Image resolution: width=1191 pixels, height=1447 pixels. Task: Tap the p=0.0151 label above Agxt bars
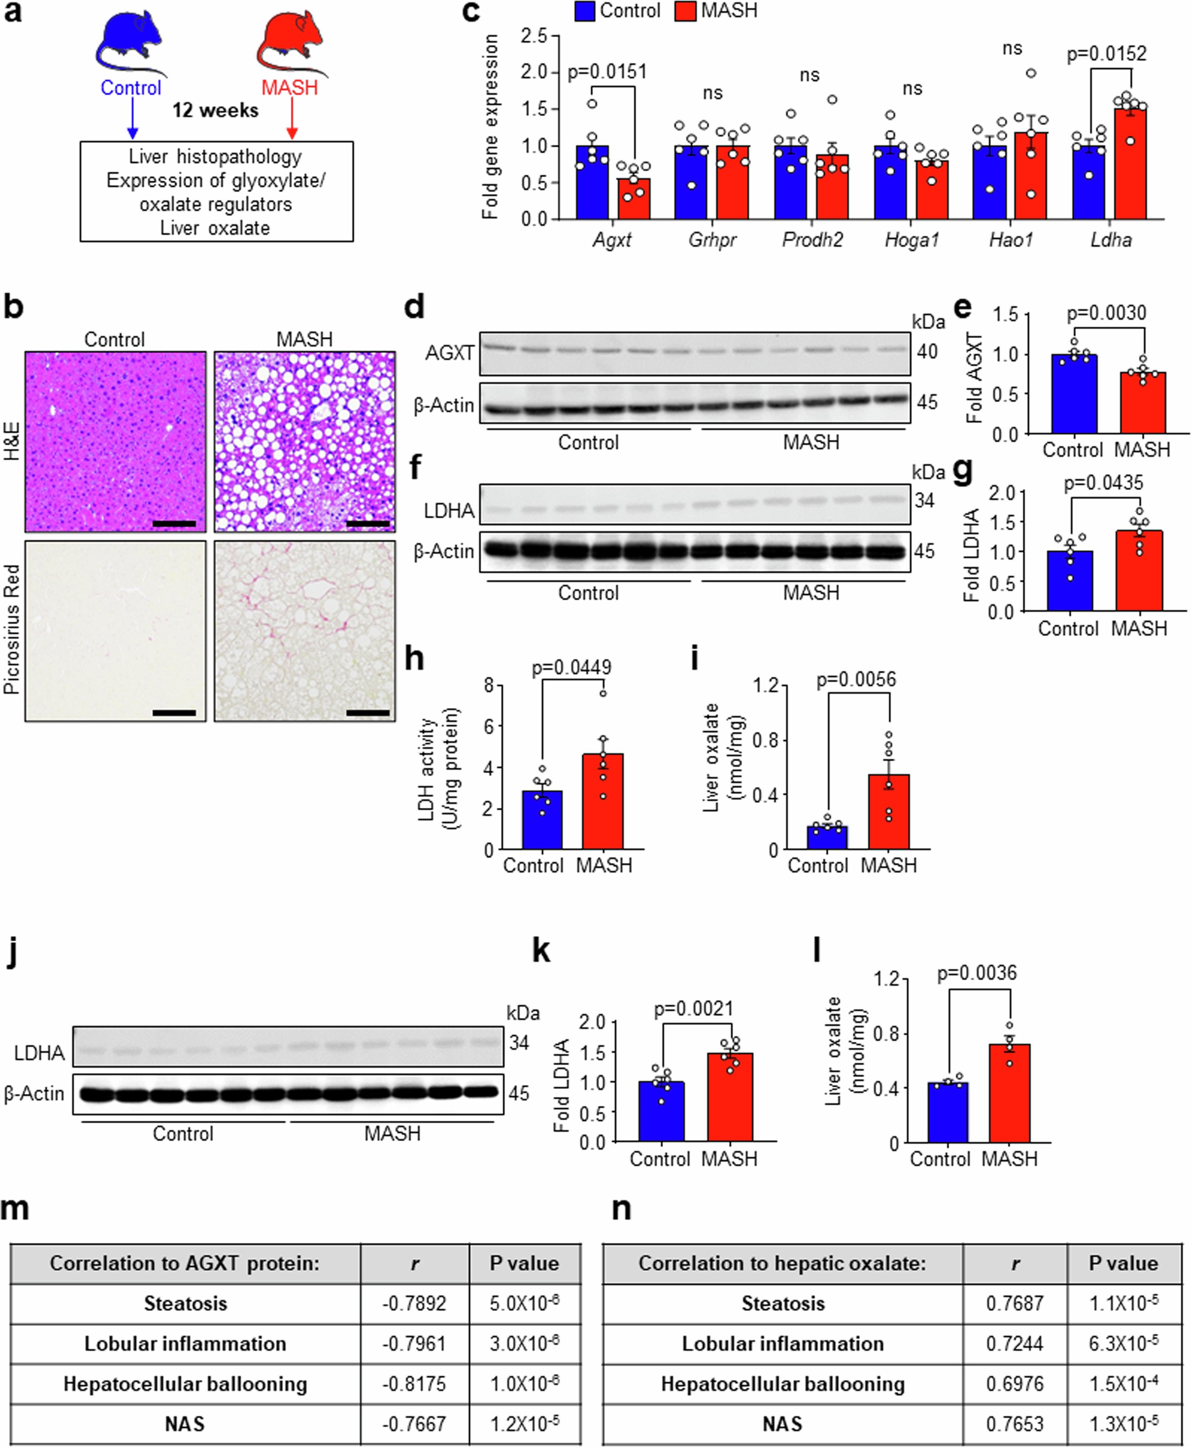click(x=607, y=72)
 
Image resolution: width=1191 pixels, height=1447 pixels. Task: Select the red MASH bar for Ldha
click(x=1130, y=165)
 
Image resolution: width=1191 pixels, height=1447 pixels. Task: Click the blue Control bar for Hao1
click(x=990, y=182)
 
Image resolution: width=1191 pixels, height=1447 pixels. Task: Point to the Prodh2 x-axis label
click(x=812, y=240)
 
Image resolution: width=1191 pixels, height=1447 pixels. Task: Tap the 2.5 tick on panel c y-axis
click(x=534, y=35)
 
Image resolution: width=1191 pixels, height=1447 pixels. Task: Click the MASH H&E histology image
click(x=304, y=442)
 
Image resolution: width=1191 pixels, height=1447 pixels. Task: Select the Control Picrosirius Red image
click(x=115, y=631)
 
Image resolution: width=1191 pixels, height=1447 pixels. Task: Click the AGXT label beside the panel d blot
click(x=449, y=353)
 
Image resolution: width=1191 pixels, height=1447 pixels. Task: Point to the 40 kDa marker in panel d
click(x=927, y=352)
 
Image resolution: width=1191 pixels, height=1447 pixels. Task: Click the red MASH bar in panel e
click(x=1143, y=403)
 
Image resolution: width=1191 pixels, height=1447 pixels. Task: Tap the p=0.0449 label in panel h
click(x=571, y=667)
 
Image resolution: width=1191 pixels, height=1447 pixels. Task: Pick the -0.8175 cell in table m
click(x=414, y=1384)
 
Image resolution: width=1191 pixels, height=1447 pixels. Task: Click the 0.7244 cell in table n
click(x=1015, y=1343)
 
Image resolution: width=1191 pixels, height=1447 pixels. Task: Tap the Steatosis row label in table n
click(x=783, y=1304)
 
